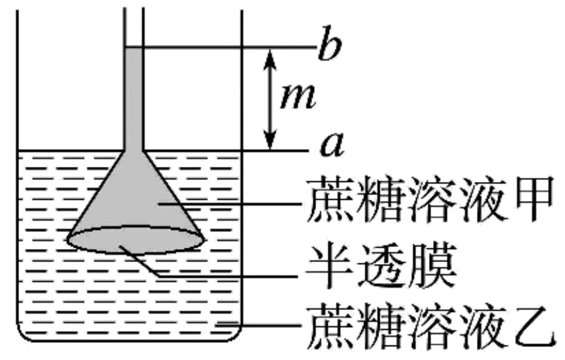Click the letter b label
point(327,47)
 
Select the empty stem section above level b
point(133,23)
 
